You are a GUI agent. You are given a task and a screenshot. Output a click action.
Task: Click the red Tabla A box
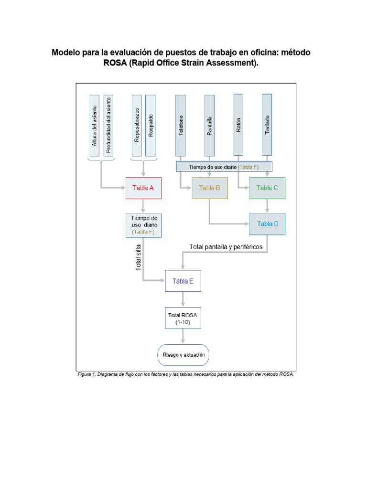(x=143, y=188)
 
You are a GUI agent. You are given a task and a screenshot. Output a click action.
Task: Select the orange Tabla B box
(x=210, y=188)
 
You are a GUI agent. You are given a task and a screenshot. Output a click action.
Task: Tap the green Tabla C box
(x=267, y=188)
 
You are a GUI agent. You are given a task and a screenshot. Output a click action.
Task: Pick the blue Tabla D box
(x=267, y=224)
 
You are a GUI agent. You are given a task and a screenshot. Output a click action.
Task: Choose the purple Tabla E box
(x=183, y=281)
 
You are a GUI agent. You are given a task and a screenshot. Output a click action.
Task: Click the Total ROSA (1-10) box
(x=183, y=318)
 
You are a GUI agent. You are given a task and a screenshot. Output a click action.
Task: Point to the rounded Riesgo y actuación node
(x=183, y=355)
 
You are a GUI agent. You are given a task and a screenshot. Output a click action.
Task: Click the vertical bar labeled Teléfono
(x=181, y=126)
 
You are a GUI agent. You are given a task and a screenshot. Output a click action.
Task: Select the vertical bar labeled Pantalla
(x=209, y=126)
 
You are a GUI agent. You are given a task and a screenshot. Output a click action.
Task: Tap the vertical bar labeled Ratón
(x=238, y=125)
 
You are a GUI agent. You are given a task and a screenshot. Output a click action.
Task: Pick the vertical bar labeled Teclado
(x=267, y=125)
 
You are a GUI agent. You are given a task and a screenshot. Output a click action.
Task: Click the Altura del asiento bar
(x=95, y=126)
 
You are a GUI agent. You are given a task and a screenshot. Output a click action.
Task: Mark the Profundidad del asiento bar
(x=108, y=126)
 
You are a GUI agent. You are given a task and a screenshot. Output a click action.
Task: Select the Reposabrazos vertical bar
(x=137, y=126)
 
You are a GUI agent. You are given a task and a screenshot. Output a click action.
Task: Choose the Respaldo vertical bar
(x=151, y=126)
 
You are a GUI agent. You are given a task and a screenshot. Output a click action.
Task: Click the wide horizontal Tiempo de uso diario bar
(x=224, y=167)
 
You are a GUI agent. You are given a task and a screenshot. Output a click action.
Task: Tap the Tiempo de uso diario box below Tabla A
(x=143, y=225)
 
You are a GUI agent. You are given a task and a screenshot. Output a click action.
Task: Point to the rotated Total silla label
(x=138, y=257)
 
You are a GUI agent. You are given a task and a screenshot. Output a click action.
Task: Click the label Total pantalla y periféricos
(x=226, y=247)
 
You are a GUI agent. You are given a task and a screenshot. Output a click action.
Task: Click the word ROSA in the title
(x=115, y=63)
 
